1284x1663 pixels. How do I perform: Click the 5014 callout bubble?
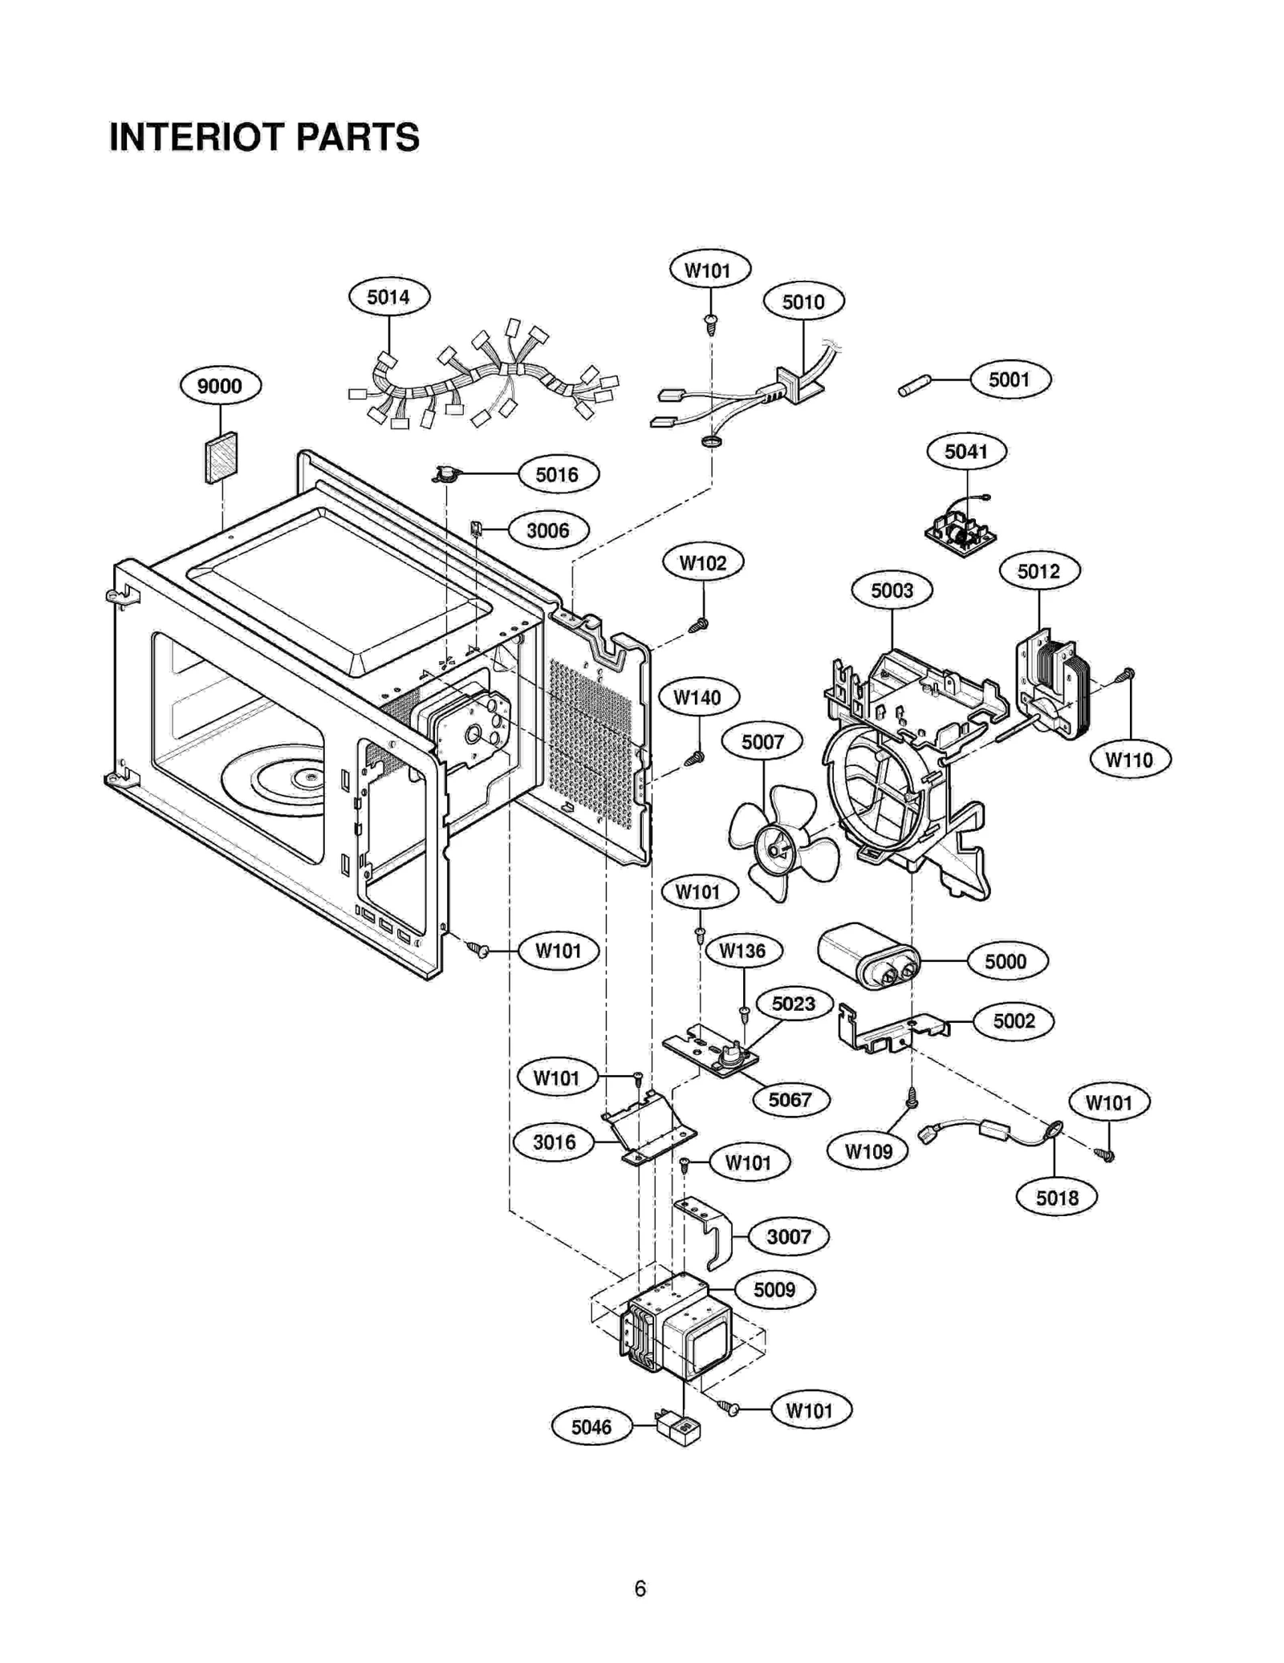point(388,297)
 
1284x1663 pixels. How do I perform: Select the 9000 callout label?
point(219,386)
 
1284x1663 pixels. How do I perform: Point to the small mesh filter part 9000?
point(221,458)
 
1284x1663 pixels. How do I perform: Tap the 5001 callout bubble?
point(1010,379)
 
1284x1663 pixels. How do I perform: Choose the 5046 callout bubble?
point(591,1427)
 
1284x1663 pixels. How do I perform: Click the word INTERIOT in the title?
point(197,137)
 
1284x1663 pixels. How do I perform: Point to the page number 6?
point(640,1588)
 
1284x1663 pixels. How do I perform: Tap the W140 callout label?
point(697,697)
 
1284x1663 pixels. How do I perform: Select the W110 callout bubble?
point(1129,759)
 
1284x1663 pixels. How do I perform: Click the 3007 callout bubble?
point(788,1237)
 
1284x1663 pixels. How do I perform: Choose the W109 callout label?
point(868,1152)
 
